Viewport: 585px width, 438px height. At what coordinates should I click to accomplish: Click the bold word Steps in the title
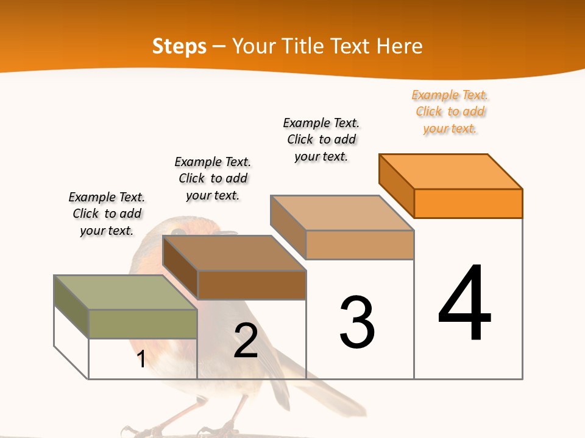(179, 46)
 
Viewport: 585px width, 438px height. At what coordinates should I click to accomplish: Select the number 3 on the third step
(357, 322)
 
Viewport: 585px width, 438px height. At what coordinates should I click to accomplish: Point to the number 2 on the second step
(246, 341)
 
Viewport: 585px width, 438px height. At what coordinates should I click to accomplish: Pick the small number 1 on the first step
(141, 359)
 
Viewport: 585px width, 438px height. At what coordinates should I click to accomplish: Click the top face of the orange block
(451, 172)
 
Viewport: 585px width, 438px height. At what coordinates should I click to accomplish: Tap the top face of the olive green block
(126, 293)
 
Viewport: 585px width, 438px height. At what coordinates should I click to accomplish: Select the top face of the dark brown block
(234, 253)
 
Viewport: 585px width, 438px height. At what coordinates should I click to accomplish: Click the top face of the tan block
(342, 213)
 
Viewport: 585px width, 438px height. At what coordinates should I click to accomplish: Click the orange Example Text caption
(450, 112)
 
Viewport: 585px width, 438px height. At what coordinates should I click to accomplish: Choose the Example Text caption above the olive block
(107, 214)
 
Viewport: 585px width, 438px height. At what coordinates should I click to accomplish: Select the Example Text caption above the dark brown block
(213, 178)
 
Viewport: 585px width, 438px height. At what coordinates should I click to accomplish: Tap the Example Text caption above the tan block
(321, 139)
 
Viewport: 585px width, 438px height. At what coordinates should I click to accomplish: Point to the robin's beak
(228, 233)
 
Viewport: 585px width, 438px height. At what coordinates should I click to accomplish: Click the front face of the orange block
(468, 203)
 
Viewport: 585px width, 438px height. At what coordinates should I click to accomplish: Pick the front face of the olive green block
(143, 324)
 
